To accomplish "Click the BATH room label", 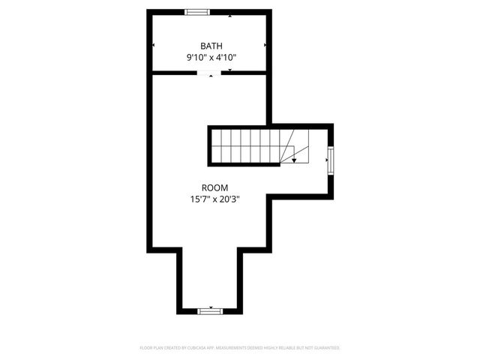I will pyautogui.click(x=211, y=46).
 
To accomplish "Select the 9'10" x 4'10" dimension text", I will pyautogui.click(x=211, y=57).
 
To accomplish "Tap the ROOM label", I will pyautogui.click(x=214, y=187).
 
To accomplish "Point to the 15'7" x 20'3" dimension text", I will pyautogui.click(x=214, y=199).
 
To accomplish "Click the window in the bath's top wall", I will pyautogui.click(x=198, y=12).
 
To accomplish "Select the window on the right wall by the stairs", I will pyautogui.click(x=330, y=160).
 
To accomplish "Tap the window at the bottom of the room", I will pyautogui.click(x=210, y=310).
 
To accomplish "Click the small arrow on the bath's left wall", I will pyautogui.click(x=153, y=45).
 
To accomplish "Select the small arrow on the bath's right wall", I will pyautogui.click(x=265, y=45).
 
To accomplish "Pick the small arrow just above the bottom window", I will pyautogui.click(x=211, y=306).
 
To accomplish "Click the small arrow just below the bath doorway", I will pyautogui.click(x=211, y=76).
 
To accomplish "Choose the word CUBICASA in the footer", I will pyautogui.click(x=193, y=348).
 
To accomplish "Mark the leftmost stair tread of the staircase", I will pyautogui.click(x=216, y=146).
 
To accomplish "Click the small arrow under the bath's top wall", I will pyautogui.click(x=229, y=16).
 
